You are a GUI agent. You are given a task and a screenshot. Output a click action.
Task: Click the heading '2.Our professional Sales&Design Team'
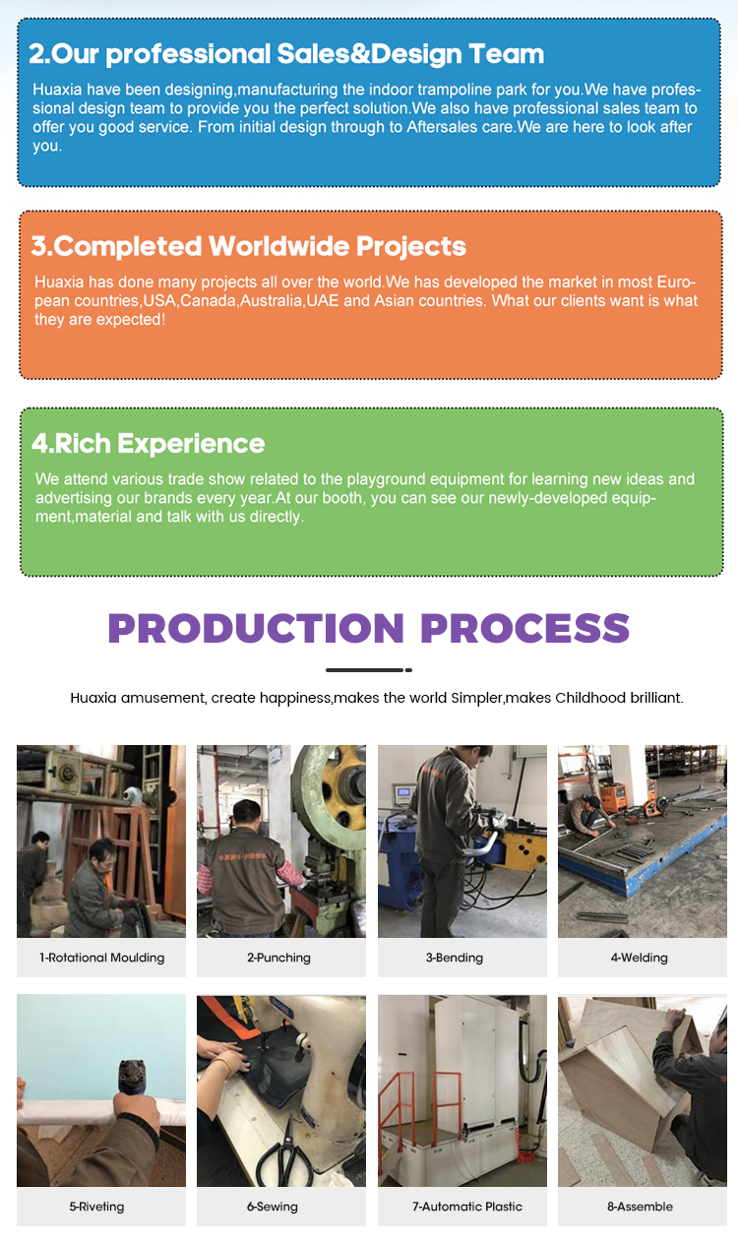(286, 54)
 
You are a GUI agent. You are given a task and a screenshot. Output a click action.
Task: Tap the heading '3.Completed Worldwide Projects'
(248, 246)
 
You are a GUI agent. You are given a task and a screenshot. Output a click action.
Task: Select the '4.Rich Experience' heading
(149, 443)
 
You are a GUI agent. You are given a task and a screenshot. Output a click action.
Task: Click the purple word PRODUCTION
(256, 628)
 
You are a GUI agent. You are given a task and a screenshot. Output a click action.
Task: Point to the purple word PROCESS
(524, 628)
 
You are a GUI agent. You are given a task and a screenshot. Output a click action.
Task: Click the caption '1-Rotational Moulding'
(101, 958)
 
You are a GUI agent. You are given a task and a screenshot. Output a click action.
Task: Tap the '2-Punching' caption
(278, 958)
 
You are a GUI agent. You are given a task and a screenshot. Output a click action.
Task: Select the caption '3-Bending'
(455, 958)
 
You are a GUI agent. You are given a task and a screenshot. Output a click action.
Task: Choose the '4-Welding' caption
(640, 958)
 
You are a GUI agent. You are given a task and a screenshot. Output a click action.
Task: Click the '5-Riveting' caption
(96, 1207)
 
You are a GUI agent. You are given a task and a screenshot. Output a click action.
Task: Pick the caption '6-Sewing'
(273, 1207)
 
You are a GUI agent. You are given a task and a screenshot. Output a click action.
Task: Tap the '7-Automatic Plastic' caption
(467, 1207)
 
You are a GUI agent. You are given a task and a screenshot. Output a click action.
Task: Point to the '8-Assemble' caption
(640, 1207)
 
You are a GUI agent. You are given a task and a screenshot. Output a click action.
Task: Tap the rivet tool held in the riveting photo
(131, 1078)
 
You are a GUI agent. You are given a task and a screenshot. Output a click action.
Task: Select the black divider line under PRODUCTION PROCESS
(369, 670)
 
